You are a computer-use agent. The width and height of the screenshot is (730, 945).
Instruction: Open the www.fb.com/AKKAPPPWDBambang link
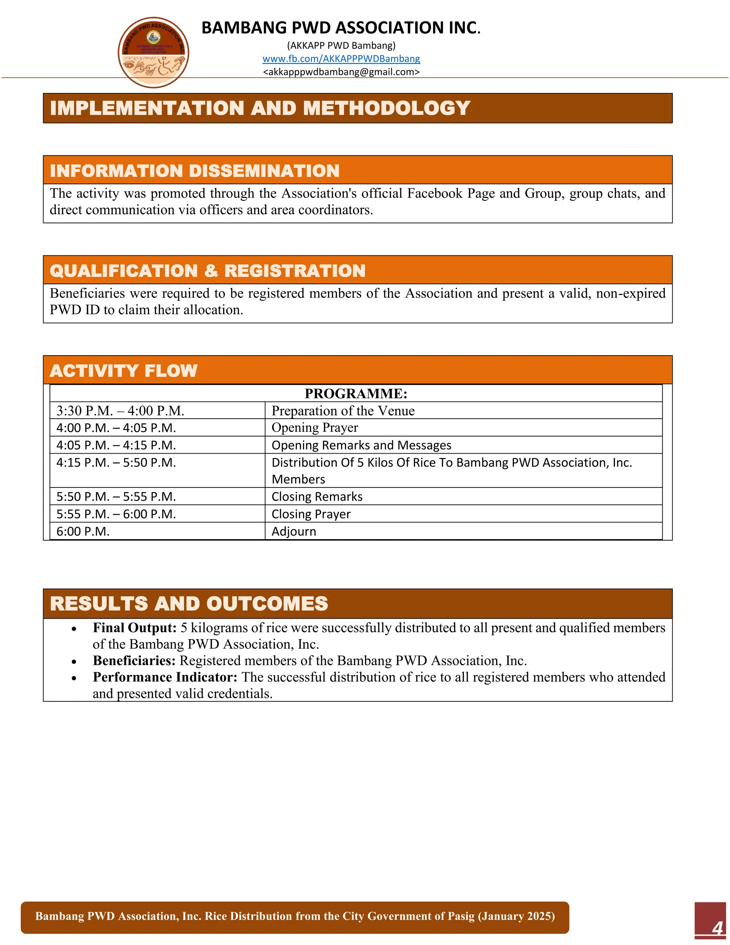pyautogui.click(x=341, y=59)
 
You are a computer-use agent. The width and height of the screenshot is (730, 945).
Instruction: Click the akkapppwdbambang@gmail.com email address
pyautogui.click(x=341, y=72)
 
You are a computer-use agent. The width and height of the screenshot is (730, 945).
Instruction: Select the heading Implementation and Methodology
pyautogui.click(x=259, y=108)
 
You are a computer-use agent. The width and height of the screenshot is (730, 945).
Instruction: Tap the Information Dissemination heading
pyautogui.click(x=195, y=170)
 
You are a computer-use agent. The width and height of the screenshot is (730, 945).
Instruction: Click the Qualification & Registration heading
pyautogui.click(x=207, y=271)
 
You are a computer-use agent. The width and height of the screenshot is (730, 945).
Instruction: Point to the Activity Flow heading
pyautogui.click(x=123, y=371)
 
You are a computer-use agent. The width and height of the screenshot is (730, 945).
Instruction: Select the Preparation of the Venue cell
pyautogui.click(x=343, y=410)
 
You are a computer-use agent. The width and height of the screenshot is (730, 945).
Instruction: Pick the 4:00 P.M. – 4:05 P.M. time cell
pyautogui.click(x=116, y=428)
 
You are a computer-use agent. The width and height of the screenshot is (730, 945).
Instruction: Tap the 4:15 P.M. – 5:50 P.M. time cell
pyautogui.click(x=116, y=463)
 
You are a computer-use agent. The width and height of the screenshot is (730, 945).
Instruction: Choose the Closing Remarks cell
pyautogui.click(x=317, y=497)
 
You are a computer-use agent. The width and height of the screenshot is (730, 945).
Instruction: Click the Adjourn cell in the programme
pyautogui.click(x=294, y=531)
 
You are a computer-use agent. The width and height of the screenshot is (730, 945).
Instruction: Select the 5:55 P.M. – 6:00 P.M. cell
pyautogui.click(x=116, y=514)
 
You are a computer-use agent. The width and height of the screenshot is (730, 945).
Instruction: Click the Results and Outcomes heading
pyautogui.click(x=189, y=604)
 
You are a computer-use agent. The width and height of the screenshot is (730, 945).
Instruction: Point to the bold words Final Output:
pyautogui.click(x=134, y=628)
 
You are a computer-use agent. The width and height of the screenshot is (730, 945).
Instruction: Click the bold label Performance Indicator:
pyautogui.click(x=165, y=677)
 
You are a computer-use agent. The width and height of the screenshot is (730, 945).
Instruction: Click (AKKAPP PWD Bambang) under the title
pyautogui.click(x=341, y=45)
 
